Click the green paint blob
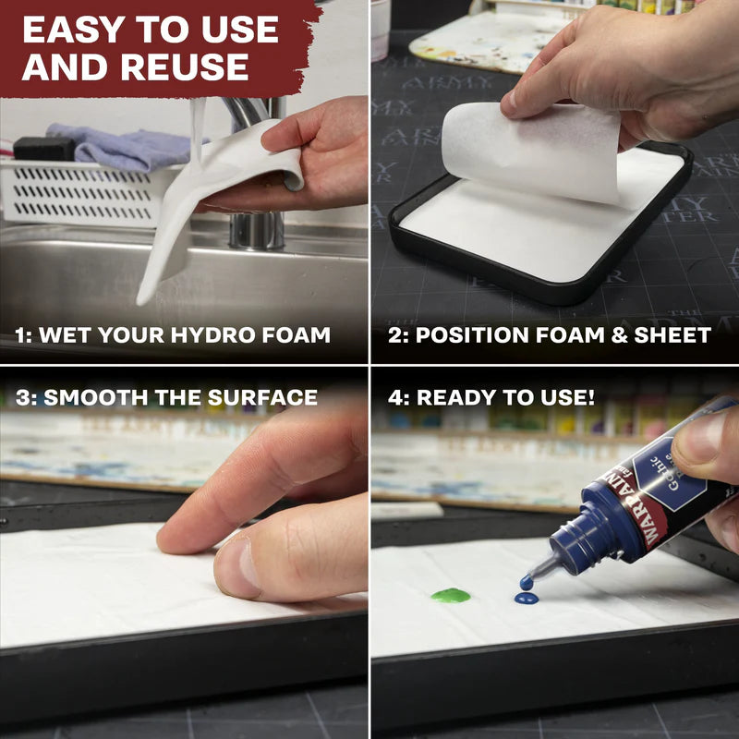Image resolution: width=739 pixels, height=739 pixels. point(450,595)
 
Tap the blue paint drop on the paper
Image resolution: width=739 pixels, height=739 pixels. point(526,599)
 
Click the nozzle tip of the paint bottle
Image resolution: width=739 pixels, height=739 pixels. point(527,582)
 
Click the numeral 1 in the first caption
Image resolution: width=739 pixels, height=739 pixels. point(19,335)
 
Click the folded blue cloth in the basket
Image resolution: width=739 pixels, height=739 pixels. point(120,146)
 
